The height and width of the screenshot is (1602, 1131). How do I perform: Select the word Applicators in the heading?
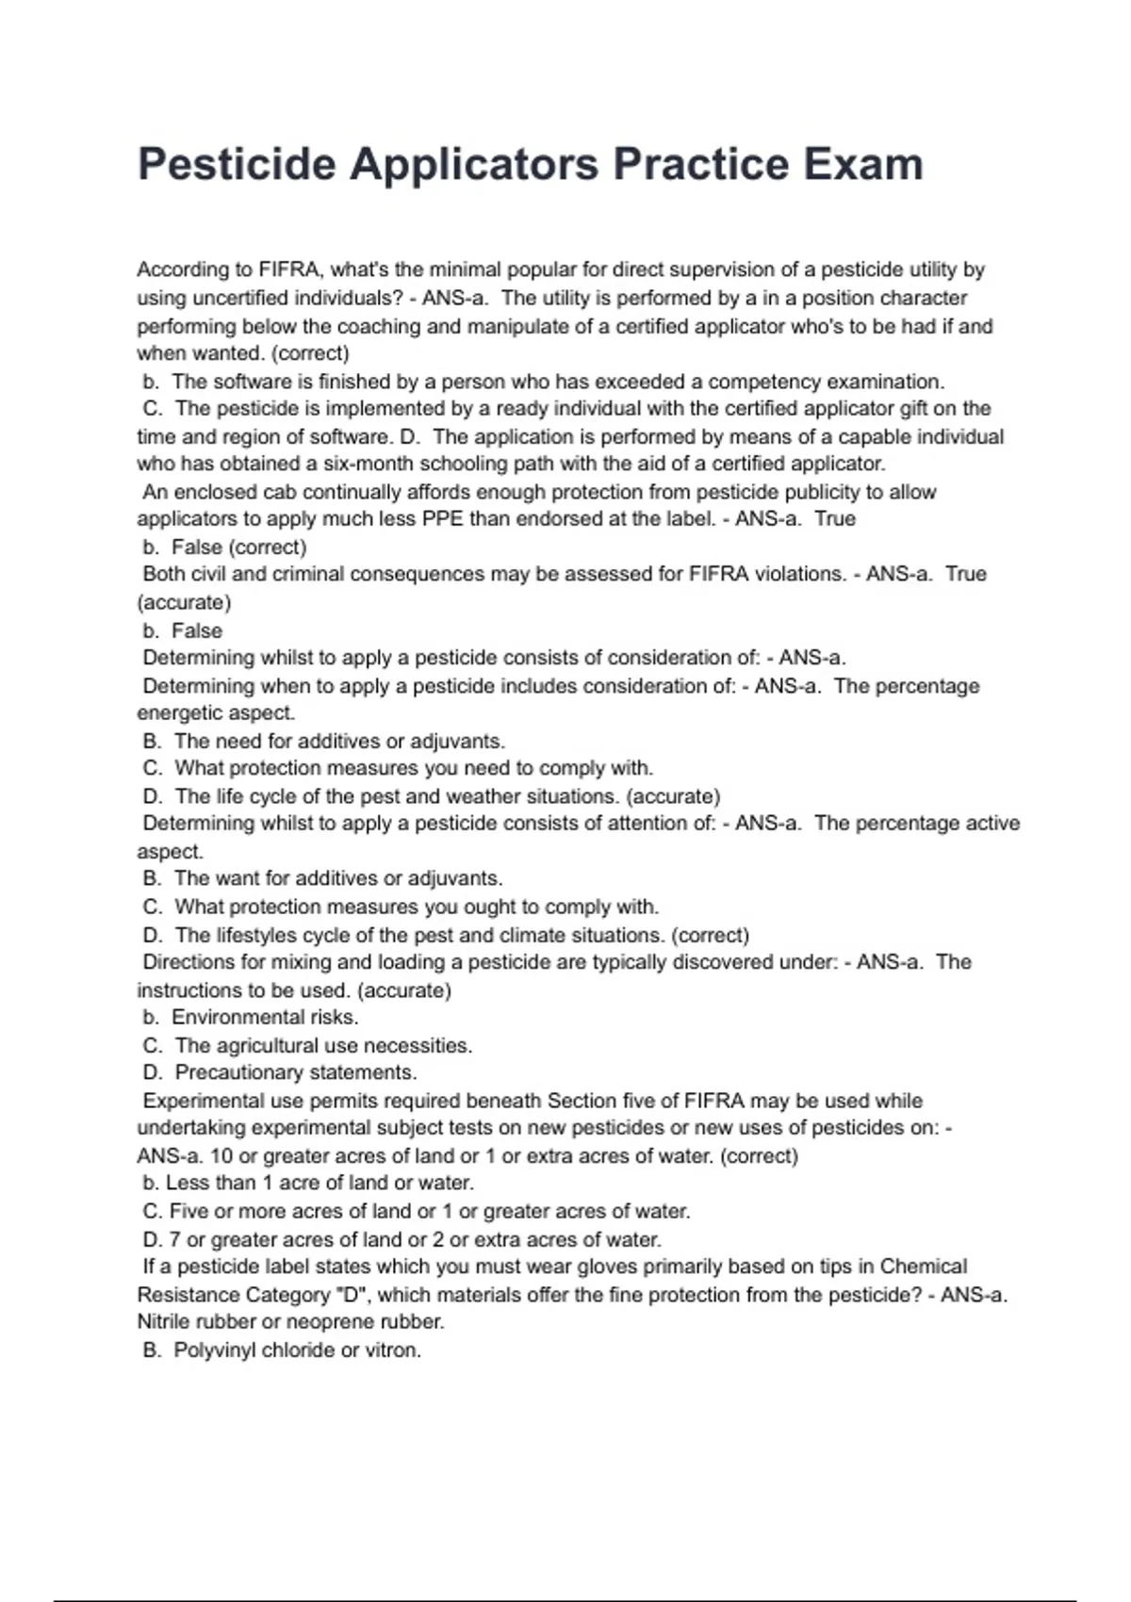point(474,164)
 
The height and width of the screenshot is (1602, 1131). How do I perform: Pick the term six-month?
point(369,464)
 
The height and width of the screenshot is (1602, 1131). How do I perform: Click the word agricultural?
point(274,1045)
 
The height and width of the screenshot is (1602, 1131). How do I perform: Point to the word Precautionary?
point(239,1072)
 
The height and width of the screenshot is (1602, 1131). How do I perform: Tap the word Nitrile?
point(163,1321)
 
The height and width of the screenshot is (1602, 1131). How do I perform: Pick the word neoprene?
point(333,1321)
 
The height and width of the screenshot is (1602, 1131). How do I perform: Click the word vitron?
point(393,1349)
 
